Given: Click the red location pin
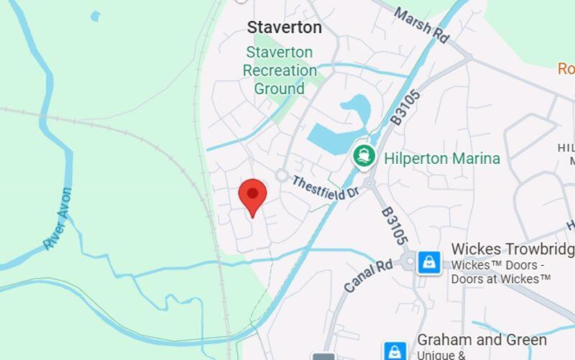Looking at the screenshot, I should click(x=252, y=195).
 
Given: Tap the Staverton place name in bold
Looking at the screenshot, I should click(x=284, y=27).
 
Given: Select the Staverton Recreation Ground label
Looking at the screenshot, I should click(x=280, y=70).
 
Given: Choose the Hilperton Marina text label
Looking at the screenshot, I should click(x=442, y=158).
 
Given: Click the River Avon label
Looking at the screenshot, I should click(x=58, y=218).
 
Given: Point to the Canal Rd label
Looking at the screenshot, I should click(x=368, y=275).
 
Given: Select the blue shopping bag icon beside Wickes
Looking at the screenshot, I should click(x=429, y=262).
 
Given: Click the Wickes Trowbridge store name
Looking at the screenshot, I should click(x=512, y=249).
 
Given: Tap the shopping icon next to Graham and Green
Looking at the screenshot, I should click(x=395, y=351).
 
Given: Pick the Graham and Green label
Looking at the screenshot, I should click(x=482, y=340).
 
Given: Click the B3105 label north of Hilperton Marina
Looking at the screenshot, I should click(x=406, y=107).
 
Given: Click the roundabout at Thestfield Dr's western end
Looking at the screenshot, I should click(x=281, y=175).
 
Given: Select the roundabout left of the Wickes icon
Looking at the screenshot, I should click(x=408, y=262).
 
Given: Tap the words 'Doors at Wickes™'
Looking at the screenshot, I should click(x=501, y=278).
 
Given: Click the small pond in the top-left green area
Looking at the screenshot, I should click(x=95, y=16).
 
